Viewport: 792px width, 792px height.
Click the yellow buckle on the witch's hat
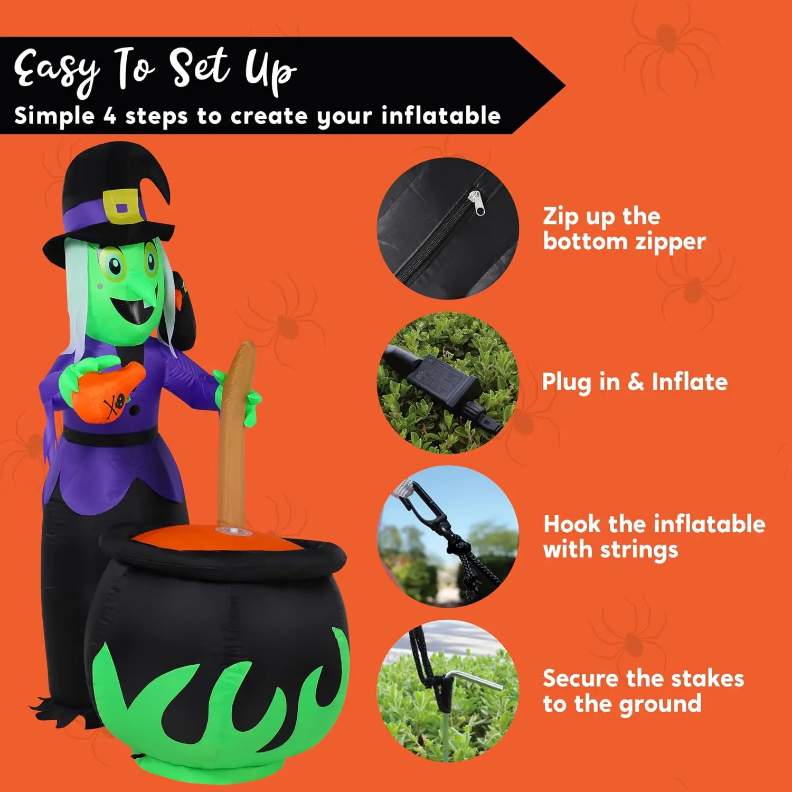[x=124, y=206]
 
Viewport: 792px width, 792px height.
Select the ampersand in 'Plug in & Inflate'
[x=636, y=382]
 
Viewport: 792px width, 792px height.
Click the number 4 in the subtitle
[x=109, y=116]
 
